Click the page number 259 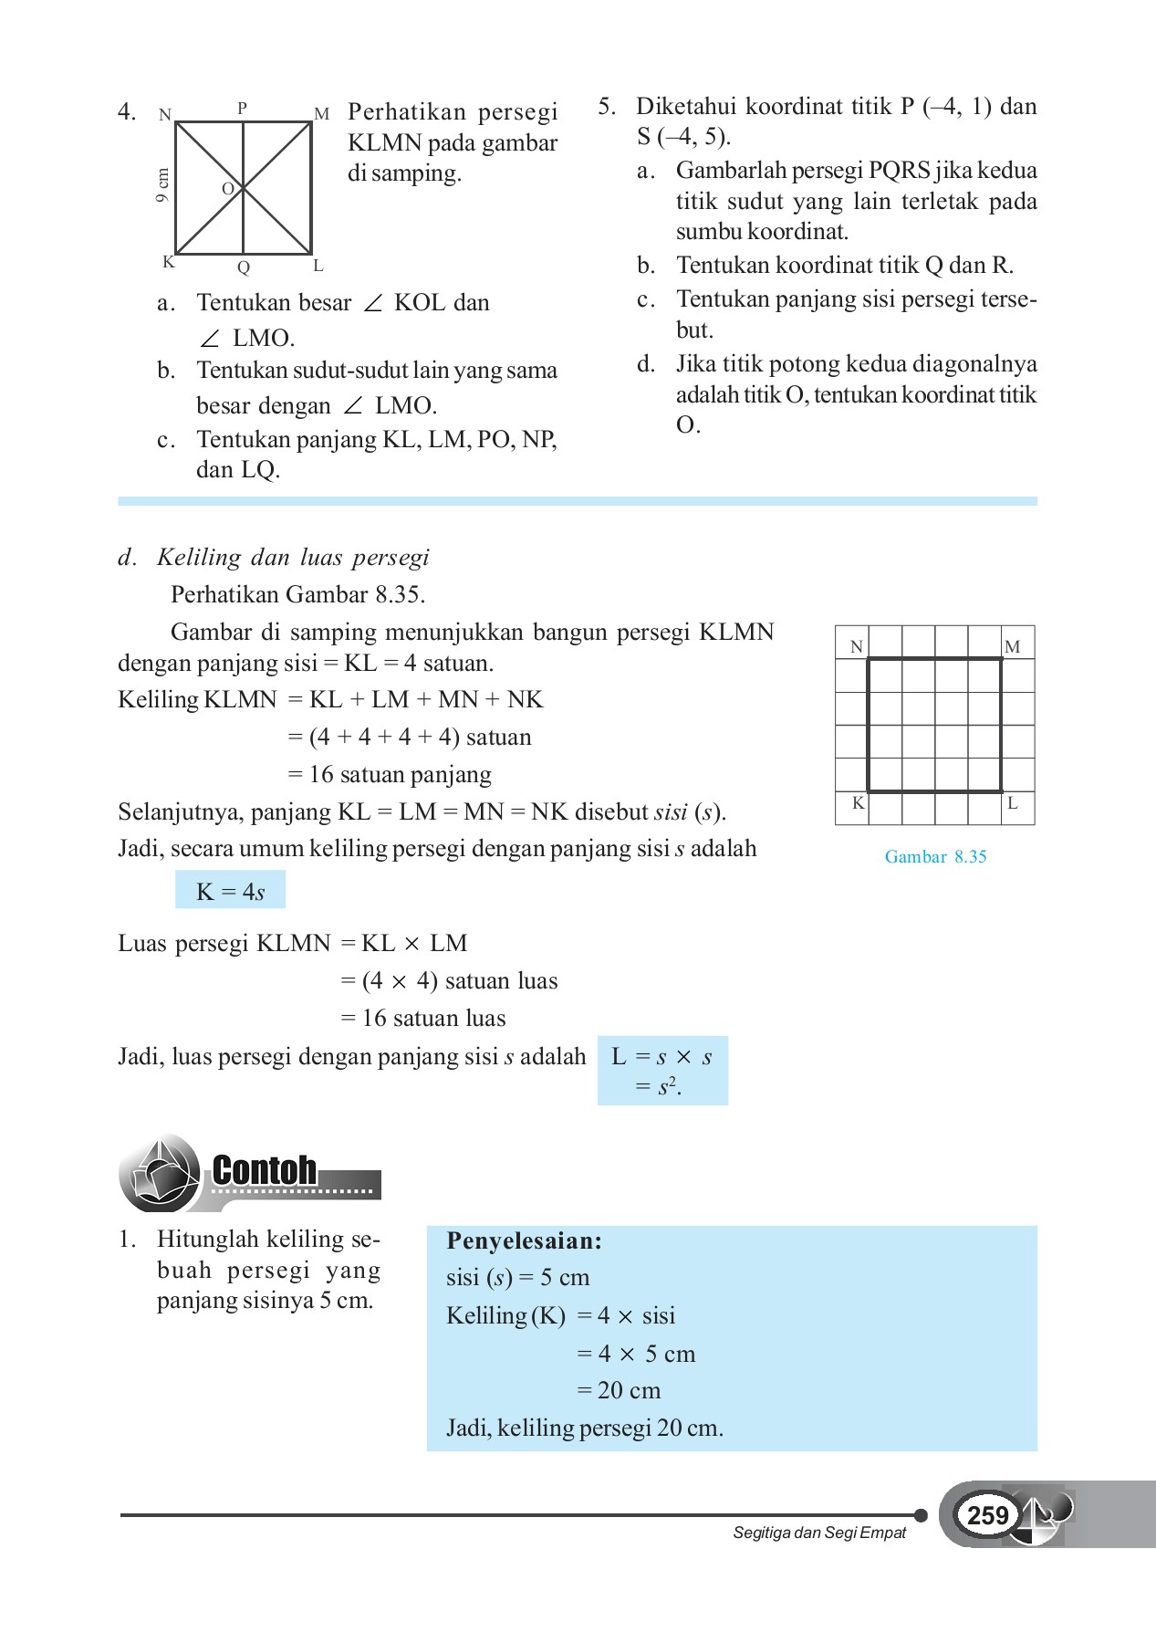pos(987,1515)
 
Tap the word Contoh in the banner pos(265,1170)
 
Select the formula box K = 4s pos(230,891)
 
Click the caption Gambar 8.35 pos(935,856)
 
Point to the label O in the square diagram pos(228,189)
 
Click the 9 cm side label pos(162,185)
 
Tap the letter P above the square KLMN pos(242,108)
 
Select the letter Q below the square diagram pos(244,267)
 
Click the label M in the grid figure pos(1012,646)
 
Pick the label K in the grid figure pos(858,803)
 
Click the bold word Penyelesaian pos(524,1240)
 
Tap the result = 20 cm pos(619,1390)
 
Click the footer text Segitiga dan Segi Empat pos(819,1533)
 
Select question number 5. pos(607,107)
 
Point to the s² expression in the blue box pos(668,1086)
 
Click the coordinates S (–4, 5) pos(682,137)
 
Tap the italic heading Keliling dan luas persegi pos(292,557)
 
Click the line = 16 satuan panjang pos(390,774)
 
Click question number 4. pos(127,112)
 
